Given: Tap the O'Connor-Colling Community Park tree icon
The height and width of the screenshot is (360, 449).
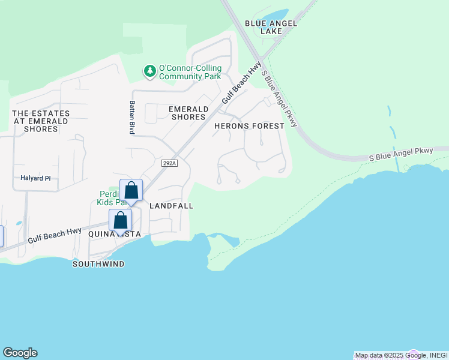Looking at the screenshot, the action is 149,71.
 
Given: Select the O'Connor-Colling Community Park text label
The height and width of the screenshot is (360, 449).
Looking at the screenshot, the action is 190,72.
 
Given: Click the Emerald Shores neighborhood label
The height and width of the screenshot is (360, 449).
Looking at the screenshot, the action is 188,113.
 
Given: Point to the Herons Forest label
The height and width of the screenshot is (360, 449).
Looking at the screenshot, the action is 249,126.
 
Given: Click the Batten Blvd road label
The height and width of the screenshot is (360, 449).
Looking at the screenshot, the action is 131,116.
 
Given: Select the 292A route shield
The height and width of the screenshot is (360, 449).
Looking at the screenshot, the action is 169,163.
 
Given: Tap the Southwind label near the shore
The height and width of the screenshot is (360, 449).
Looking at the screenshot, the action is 98,264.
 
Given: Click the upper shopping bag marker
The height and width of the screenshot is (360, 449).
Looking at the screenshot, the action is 131,191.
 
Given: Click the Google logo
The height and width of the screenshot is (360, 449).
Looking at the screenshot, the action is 20,353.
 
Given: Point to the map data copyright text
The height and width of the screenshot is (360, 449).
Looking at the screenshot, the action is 393,355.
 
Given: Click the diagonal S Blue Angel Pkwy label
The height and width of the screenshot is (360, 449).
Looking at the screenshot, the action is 280,98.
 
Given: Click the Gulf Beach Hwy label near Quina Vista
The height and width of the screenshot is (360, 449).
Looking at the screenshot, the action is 55,236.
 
